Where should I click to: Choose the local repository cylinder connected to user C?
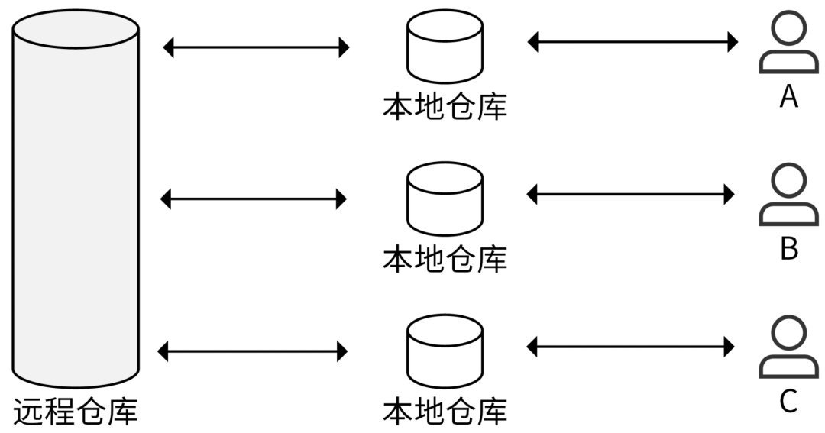pyautogui.click(x=445, y=351)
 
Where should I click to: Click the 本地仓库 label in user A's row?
pyautogui.click(x=445, y=106)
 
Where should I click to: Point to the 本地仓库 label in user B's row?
pyautogui.click(x=445, y=259)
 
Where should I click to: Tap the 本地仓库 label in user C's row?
pyautogui.click(x=445, y=410)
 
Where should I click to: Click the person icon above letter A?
pyautogui.click(x=788, y=45)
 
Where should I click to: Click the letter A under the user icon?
pyautogui.click(x=788, y=97)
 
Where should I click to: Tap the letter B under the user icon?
pyautogui.click(x=788, y=249)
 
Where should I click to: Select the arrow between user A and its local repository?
pyautogui.click(x=632, y=42)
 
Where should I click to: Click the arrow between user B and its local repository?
pyautogui.click(x=631, y=195)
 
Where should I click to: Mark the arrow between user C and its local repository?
pyautogui.click(x=631, y=347)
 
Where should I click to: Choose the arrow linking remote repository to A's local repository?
pyautogui.click(x=256, y=47)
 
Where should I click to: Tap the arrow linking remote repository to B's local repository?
pyautogui.click(x=254, y=199)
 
